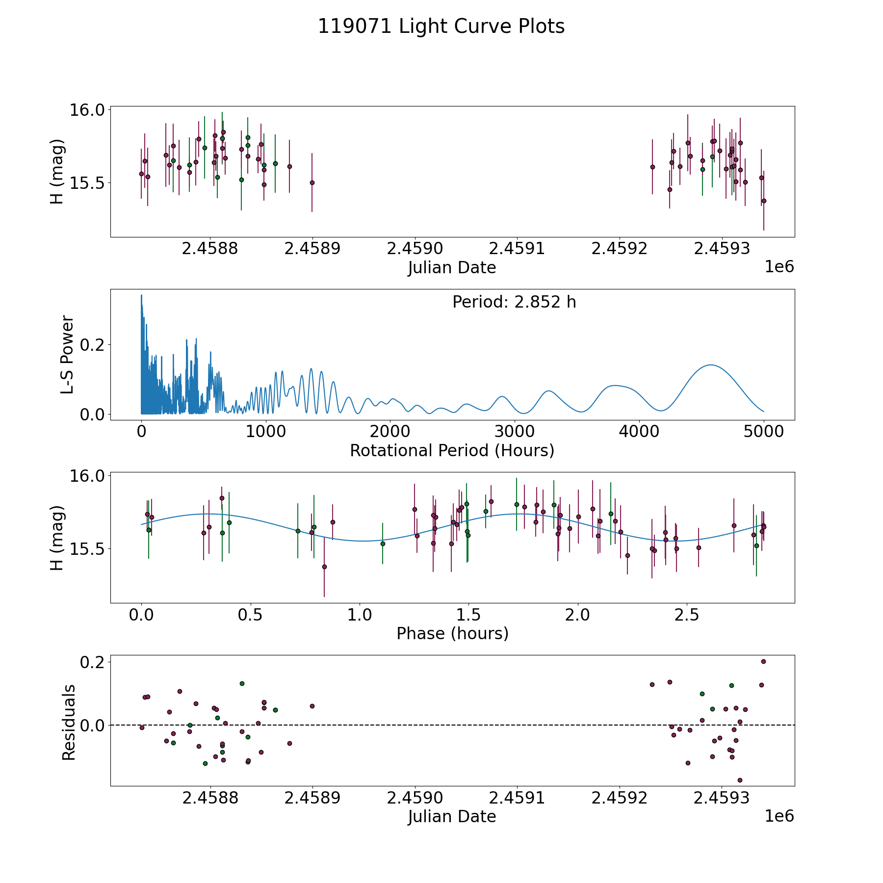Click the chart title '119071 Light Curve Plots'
pos(441,26)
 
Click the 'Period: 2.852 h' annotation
pos(514,302)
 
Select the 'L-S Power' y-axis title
pos(68,355)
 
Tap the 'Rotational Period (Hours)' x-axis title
pos(452,450)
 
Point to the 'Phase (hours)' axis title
pos(452,633)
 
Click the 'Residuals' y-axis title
pos(69,723)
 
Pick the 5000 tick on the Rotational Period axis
pos(763,432)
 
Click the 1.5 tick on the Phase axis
pos(468,615)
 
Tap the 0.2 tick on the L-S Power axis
pos(92,345)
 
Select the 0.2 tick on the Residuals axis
pos(92,662)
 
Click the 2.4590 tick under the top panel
pos(415,249)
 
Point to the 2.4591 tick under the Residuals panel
pos(518,798)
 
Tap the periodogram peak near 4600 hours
pos(710,365)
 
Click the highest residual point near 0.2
pos(763,661)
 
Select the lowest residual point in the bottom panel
pos(740,780)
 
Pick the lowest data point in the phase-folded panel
pos(324,567)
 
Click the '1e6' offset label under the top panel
pos(779,267)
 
